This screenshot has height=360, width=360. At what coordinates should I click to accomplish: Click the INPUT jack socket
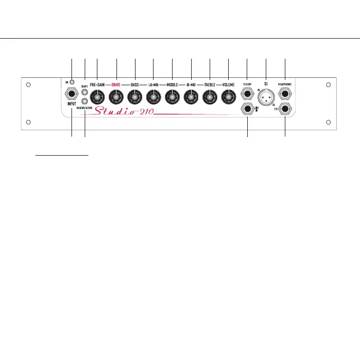[x=71, y=96]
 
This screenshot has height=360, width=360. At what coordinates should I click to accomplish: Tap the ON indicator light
[x=71, y=83]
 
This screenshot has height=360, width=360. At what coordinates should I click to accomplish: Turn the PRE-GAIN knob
[x=97, y=97]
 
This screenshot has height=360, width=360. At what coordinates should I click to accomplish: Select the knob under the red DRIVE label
[x=116, y=97]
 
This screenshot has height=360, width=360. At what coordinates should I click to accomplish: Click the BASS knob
[x=135, y=97]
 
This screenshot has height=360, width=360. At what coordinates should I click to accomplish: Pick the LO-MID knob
[x=154, y=97]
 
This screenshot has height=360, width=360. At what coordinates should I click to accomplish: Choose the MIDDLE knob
[x=172, y=97]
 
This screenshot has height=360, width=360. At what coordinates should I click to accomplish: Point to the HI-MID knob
[x=191, y=97]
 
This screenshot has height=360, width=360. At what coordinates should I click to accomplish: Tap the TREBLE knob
[x=210, y=97]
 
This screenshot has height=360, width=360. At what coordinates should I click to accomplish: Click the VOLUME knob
[x=228, y=97]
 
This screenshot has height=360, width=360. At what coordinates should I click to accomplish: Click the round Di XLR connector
[x=266, y=97]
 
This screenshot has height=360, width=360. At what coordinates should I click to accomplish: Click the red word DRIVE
[x=116, y=85]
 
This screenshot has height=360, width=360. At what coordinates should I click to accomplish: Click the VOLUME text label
[x=228, y=85]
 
